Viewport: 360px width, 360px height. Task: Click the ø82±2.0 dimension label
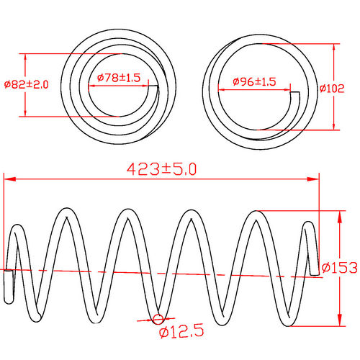click(x=27, y=84)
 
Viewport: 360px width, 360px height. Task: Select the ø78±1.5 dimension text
click(x=119, y=77)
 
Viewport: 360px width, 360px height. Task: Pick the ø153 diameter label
click(x=340, y=268)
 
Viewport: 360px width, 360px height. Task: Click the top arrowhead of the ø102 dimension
click(x=334, y=47)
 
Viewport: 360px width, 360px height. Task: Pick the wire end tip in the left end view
click(x=153, y=88)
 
